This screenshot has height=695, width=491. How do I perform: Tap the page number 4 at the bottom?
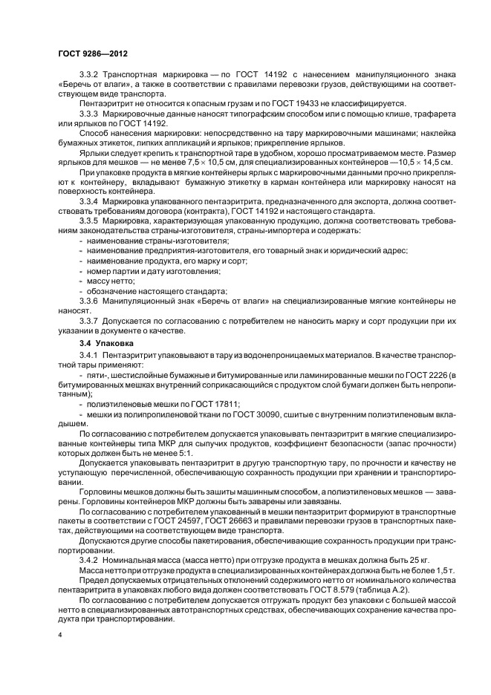point(59,636)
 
